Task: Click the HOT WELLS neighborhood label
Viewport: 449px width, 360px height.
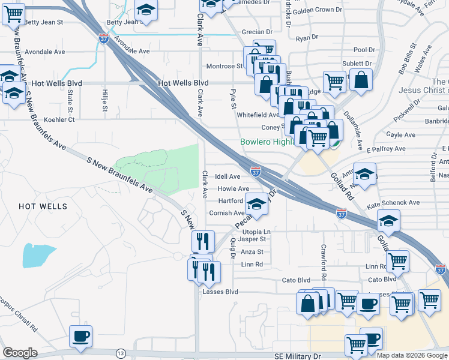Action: [x=43, y=206]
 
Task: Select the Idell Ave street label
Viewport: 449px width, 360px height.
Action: [x=228, y=176]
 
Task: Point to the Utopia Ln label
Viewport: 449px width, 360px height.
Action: [x=257, y=231]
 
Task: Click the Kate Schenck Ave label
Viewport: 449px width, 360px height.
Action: [x=393, y=203]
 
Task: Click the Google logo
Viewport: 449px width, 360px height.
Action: [x=20, y=353]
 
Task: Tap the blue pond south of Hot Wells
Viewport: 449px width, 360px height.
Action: [x=38, y=255]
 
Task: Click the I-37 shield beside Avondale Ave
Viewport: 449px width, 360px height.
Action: [x=104, y=39]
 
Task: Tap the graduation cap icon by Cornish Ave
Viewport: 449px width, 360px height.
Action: [x=256, y=206]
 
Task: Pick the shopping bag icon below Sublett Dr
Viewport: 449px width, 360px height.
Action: [x=362, y=80]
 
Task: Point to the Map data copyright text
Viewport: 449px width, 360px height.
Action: [x=412, y=355]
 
